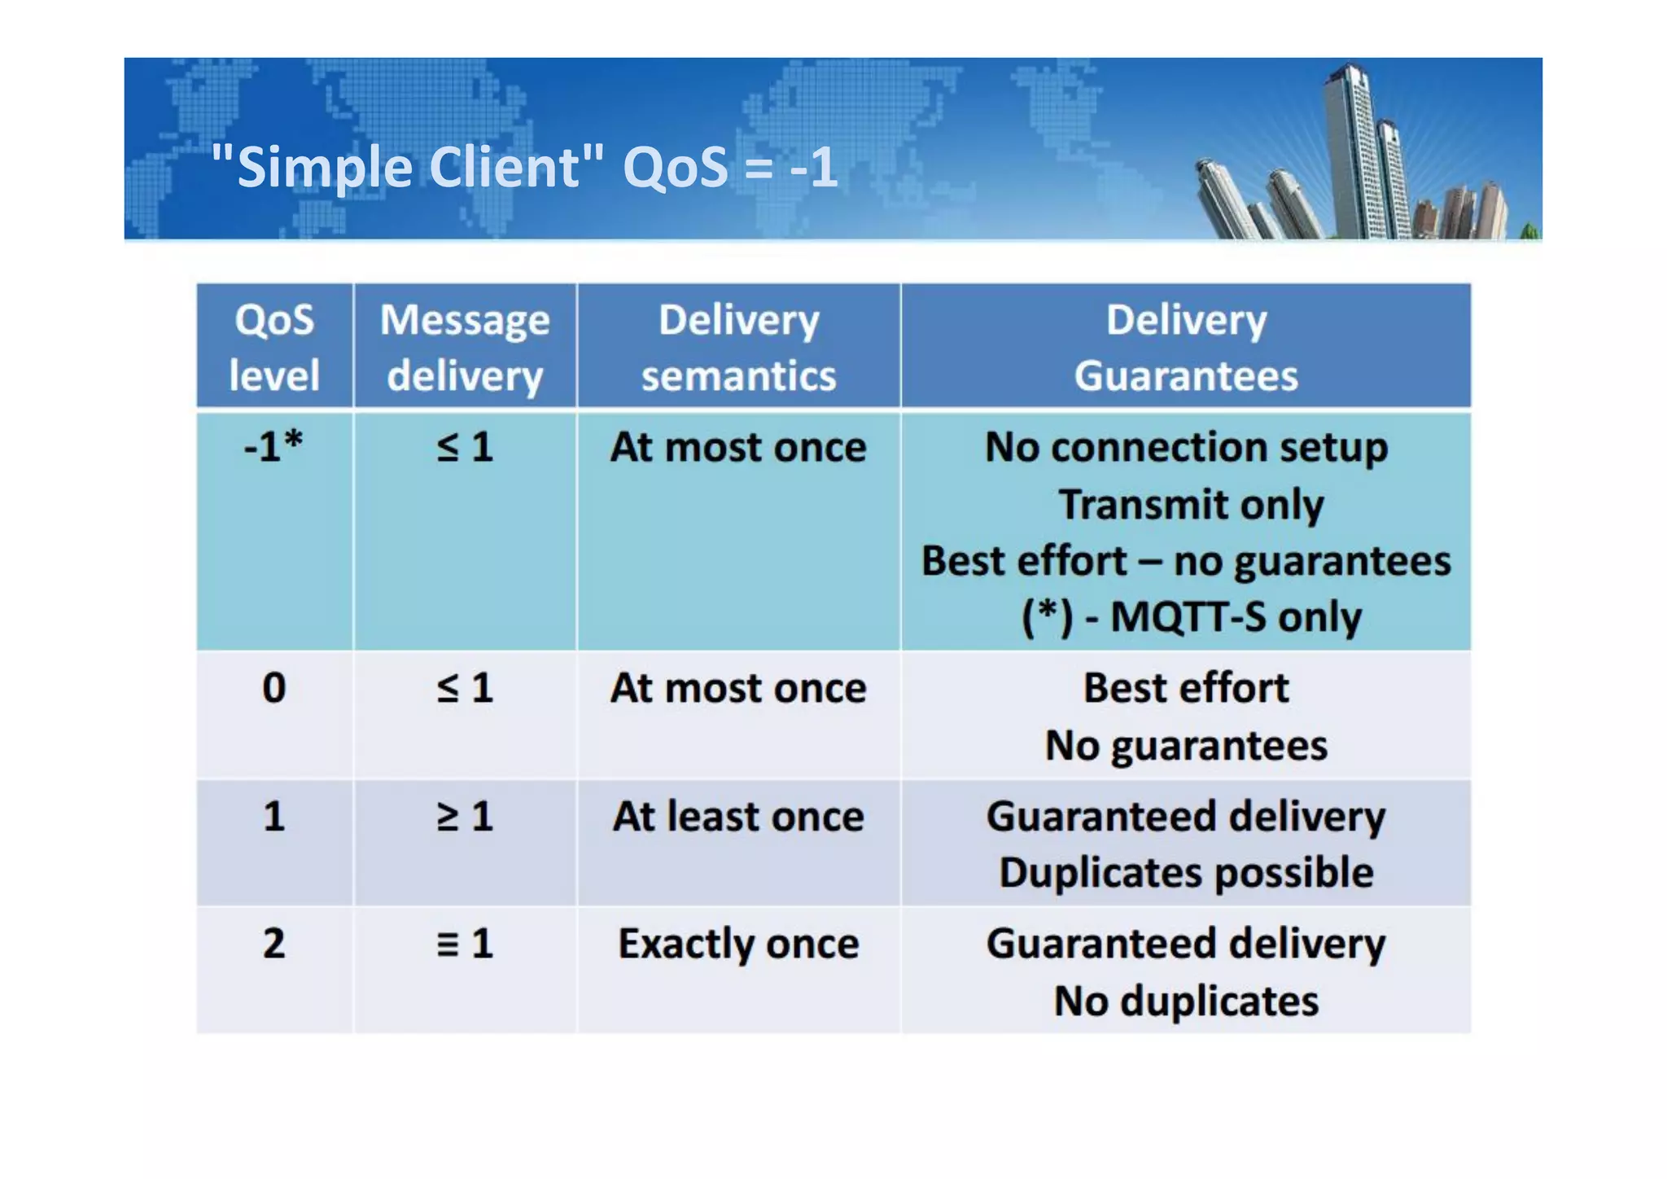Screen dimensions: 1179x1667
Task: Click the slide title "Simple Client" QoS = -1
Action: pos(523,167)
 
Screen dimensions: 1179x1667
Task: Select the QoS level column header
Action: pos(273,347)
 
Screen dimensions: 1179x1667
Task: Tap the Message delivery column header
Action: pos(465,347)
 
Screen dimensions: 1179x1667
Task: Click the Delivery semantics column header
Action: pos(738,347)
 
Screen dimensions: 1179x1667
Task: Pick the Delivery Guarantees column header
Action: pos(1186,347)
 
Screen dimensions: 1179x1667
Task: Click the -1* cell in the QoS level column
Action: pos(273,447)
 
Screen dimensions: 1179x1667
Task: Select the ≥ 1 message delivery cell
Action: pos(465,816)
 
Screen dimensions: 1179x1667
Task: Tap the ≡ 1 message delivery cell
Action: pos(465,944)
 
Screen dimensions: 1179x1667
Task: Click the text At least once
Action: pos(738,816)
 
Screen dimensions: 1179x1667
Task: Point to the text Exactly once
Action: pos(738,944)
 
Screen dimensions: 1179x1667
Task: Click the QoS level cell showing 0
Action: pos(273,688)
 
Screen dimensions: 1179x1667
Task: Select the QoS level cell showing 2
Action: pos(273,944)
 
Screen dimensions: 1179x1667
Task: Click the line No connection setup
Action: pos(1186,447)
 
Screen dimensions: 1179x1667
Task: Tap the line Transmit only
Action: pos(1191,504)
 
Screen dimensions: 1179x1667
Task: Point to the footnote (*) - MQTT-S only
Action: pos(1191,617)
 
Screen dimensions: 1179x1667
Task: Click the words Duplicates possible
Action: pos(1186,873)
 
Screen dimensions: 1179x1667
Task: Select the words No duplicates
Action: pos(1186,1001)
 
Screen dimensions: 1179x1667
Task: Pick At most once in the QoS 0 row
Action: pos(738,688)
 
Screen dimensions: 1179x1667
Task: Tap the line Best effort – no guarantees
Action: pos(1186,561)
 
